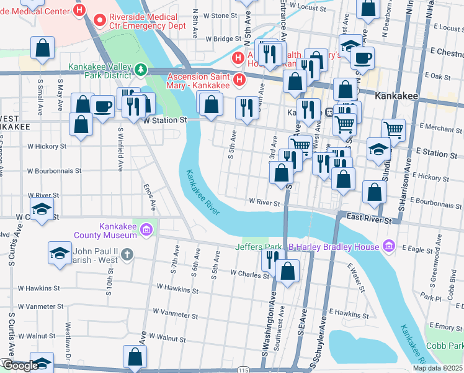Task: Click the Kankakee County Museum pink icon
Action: [146, 230]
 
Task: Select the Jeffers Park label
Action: [259, 247]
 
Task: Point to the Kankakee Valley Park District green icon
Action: [141, 69]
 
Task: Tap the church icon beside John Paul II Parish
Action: [127, 254]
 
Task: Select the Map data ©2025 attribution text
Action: [438, 368]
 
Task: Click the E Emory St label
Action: [445, 326]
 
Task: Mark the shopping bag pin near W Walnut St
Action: [135, 357]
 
